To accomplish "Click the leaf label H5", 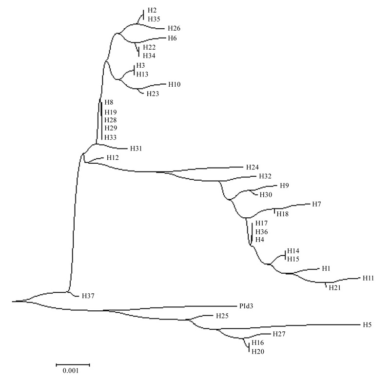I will click(367, 324).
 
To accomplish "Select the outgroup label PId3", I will click(246, 306).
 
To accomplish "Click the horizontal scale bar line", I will click(73, 364).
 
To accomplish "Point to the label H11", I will click(368, 278).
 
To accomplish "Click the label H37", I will click(88, 296).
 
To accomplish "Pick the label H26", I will click(174, 29).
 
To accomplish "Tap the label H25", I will click(222, 316).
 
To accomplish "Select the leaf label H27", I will click(279, 334).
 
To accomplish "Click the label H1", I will click(326, 269).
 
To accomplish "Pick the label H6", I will click(172, 38).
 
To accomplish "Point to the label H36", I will click(262, 232).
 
